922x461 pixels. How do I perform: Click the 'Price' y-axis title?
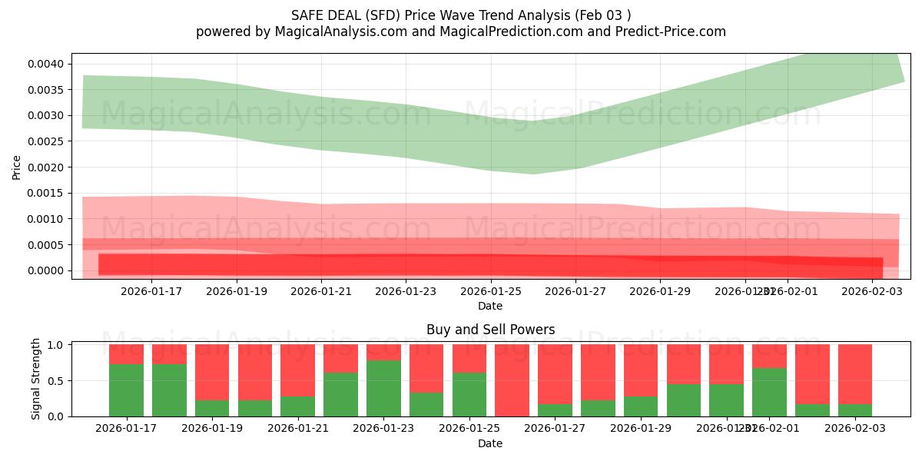[17, 166]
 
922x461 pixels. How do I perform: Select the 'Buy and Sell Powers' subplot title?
[490, 330]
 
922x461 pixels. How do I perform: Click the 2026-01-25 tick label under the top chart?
[491, 291]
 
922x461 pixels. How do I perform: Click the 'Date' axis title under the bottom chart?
[490, 443]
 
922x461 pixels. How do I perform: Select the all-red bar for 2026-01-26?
[512, 380]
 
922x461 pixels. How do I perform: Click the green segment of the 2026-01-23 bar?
[383, 388]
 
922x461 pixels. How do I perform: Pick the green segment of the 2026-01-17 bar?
[126, 390]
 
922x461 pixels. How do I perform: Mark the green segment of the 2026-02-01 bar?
[769, 392]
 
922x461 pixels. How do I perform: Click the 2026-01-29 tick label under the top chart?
[660, 291]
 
